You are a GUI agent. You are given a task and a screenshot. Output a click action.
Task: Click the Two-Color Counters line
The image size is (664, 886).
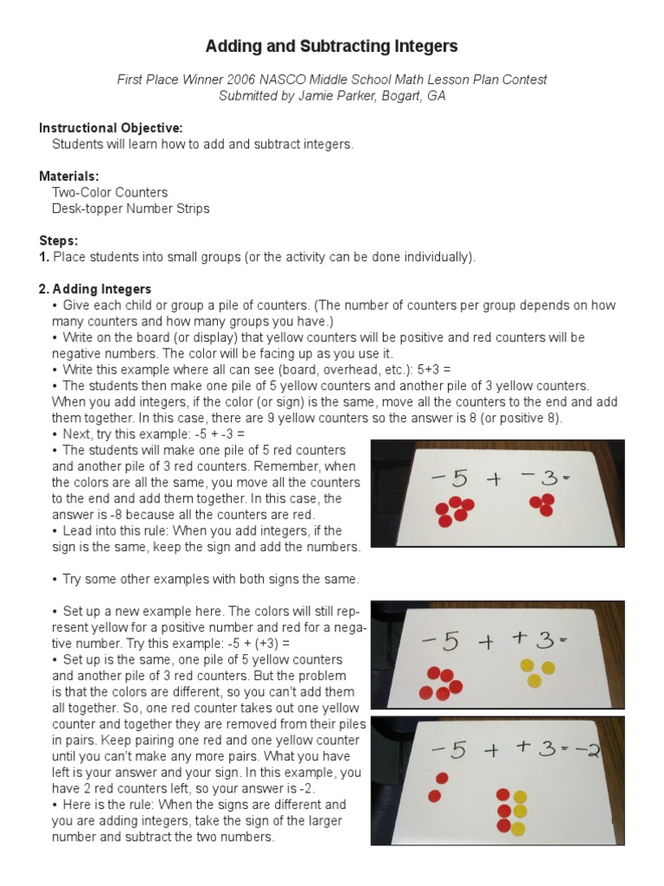tap(110, 192)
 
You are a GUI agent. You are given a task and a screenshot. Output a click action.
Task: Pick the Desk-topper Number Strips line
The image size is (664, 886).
tap(131, 209)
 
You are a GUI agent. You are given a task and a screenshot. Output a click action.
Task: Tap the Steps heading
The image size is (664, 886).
tap(59, 240)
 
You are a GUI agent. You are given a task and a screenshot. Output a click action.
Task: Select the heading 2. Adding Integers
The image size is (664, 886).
tap(95, 289)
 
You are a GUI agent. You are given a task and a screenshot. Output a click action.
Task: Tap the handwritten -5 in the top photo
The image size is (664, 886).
tap(444, 479)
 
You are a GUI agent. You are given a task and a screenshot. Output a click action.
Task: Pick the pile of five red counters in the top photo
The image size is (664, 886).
tap(454, 512)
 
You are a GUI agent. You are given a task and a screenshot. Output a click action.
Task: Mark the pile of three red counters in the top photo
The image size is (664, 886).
tap(543, 504)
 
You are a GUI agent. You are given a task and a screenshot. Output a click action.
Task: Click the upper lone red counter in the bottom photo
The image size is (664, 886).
tap(443, 779)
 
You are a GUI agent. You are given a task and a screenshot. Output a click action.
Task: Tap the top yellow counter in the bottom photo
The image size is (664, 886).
tap(520, 797)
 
